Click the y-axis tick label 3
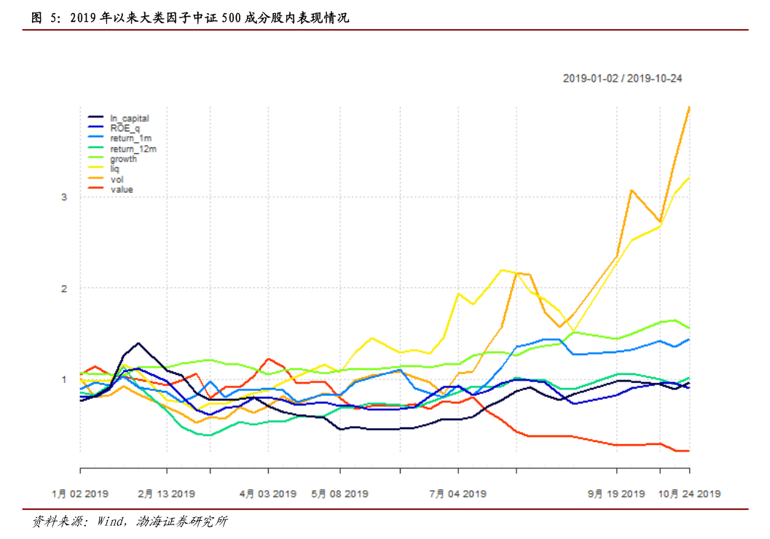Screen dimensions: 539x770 [64, 197]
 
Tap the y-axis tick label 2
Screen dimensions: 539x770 [64, 288]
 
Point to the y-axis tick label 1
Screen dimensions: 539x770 [64, 379]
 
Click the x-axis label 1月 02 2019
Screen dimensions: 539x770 [80, 494]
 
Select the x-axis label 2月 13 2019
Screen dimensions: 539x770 [167, 494]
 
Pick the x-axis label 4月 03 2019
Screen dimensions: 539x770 [268, 494]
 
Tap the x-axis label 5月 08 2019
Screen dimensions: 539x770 [340, 494]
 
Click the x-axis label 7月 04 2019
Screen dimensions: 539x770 [457, 494]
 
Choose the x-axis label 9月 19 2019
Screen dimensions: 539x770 [616, 494]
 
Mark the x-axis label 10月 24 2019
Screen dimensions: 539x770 [688, 494]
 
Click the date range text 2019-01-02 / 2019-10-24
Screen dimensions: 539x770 [622, 79]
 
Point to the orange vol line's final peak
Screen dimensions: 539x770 [688, 107]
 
